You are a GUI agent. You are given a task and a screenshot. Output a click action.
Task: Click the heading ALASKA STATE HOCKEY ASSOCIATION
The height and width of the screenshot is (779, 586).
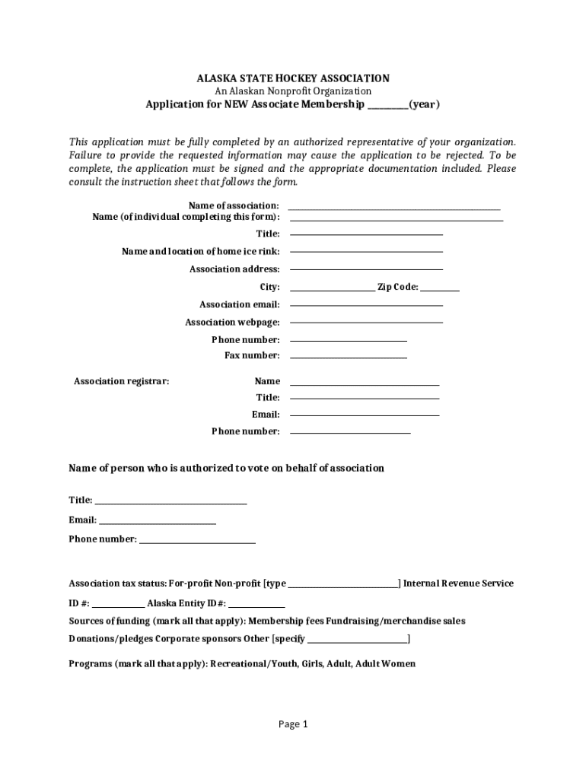click(293, 78)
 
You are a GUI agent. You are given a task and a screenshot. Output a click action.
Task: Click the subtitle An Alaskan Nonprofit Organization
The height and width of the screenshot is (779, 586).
click(293, 91)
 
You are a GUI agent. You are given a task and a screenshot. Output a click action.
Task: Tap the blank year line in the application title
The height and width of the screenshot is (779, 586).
click(387, 107)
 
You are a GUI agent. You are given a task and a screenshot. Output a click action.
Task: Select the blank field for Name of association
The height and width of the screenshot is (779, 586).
click(394, 208)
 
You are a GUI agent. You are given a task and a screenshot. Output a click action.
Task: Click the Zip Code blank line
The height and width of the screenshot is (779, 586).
click(440, 289)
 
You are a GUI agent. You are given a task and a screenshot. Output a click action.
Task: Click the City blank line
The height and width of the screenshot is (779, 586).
click(331, 289)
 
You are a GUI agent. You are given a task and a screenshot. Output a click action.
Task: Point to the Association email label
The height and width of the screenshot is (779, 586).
click(234, 304)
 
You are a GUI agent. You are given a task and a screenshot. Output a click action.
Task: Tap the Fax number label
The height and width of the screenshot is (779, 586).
click(252, 355)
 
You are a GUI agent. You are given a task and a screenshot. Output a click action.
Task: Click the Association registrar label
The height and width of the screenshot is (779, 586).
click(121, 381)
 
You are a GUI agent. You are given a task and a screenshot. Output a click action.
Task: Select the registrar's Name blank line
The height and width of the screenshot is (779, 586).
click(365, 383)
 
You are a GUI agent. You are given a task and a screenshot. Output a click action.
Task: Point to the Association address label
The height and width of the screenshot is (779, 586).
click(234, 269)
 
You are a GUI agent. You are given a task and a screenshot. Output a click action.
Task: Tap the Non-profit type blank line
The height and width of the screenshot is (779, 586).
click(342, 586)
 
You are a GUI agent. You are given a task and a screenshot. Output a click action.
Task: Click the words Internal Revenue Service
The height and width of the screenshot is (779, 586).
click(458, 583)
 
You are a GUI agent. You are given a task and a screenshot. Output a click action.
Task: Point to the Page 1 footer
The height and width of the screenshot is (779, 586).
click(293, 724)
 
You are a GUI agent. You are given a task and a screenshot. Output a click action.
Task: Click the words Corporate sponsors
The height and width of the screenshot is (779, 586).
click(190, 639)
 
